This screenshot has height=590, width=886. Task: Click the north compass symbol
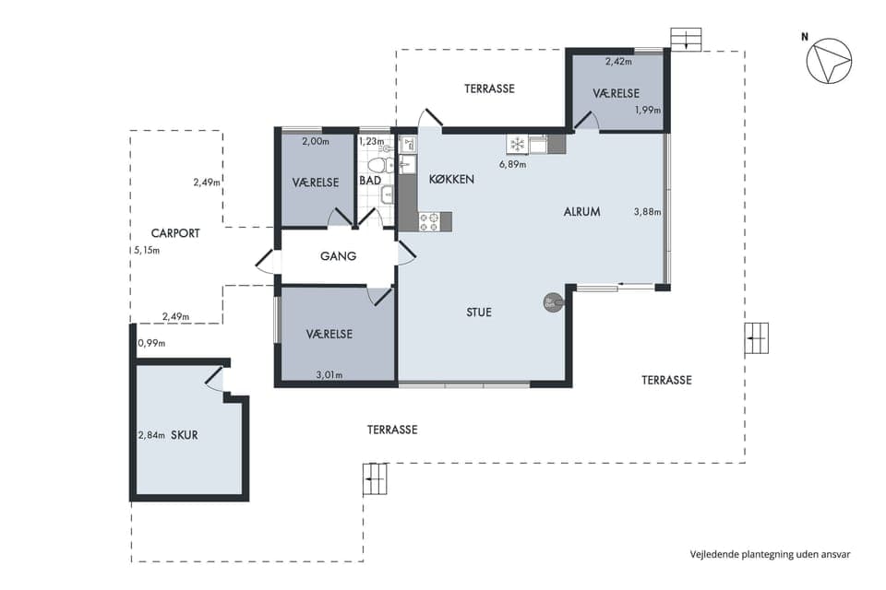[829, 61]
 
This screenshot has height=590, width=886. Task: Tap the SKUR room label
[185, 435]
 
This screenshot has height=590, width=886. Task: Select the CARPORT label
[175, 233]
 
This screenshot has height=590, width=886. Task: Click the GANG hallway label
[338, 255]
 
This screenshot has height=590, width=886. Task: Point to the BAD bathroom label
[370, 181]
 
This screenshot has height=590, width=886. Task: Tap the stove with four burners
[429, 220]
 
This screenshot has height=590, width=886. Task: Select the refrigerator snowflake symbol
[517, 144]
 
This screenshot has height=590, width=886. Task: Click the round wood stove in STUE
[553, 303]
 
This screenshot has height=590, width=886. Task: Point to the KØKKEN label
[451, 180]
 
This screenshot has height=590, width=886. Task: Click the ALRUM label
[582, 212]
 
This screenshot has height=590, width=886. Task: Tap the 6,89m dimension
[512, 165]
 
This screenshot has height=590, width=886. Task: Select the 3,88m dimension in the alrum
[648, 212]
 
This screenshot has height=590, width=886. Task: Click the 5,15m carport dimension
[147, 250]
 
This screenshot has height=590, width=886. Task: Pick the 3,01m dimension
[329, 375]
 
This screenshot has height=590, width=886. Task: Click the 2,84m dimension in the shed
[151, 435]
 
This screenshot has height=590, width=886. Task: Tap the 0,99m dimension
[151, 343]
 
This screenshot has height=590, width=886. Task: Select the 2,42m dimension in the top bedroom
[618, 62]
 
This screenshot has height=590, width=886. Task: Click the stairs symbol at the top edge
[686, 40]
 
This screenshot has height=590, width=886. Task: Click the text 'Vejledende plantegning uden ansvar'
[770, 554]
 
